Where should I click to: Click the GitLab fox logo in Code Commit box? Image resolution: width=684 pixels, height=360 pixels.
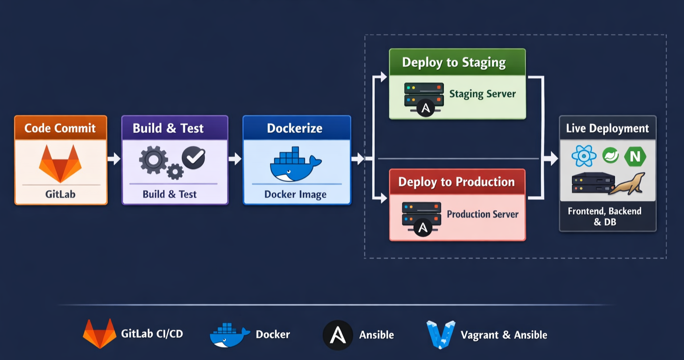click(60, 163)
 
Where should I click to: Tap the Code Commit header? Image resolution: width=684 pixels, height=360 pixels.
click(60, 128)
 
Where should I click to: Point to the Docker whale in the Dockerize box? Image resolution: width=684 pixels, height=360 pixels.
click(295, 165)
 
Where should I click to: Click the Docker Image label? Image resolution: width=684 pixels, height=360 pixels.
click(295, 194)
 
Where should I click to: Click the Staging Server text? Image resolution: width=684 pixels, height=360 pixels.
click(482, 94)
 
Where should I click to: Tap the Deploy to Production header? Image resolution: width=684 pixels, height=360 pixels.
click(456, 182)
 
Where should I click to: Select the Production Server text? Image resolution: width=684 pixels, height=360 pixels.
click(482, 214)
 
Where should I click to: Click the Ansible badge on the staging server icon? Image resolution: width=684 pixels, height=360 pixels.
click(425, 108)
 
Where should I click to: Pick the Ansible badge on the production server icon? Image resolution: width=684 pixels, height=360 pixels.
click(423, 228)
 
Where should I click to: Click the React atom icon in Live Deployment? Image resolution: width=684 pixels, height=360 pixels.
click(584, 156)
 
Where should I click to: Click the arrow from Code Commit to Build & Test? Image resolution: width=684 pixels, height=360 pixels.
click(114, 158)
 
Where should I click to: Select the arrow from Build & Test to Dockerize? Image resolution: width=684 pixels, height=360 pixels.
click(235, 158)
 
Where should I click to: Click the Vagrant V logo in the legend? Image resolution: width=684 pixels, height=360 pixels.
click(440, 335)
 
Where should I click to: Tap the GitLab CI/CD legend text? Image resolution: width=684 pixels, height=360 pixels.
click(152, 334)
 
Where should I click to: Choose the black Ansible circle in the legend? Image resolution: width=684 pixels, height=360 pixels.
click(338, 335)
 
